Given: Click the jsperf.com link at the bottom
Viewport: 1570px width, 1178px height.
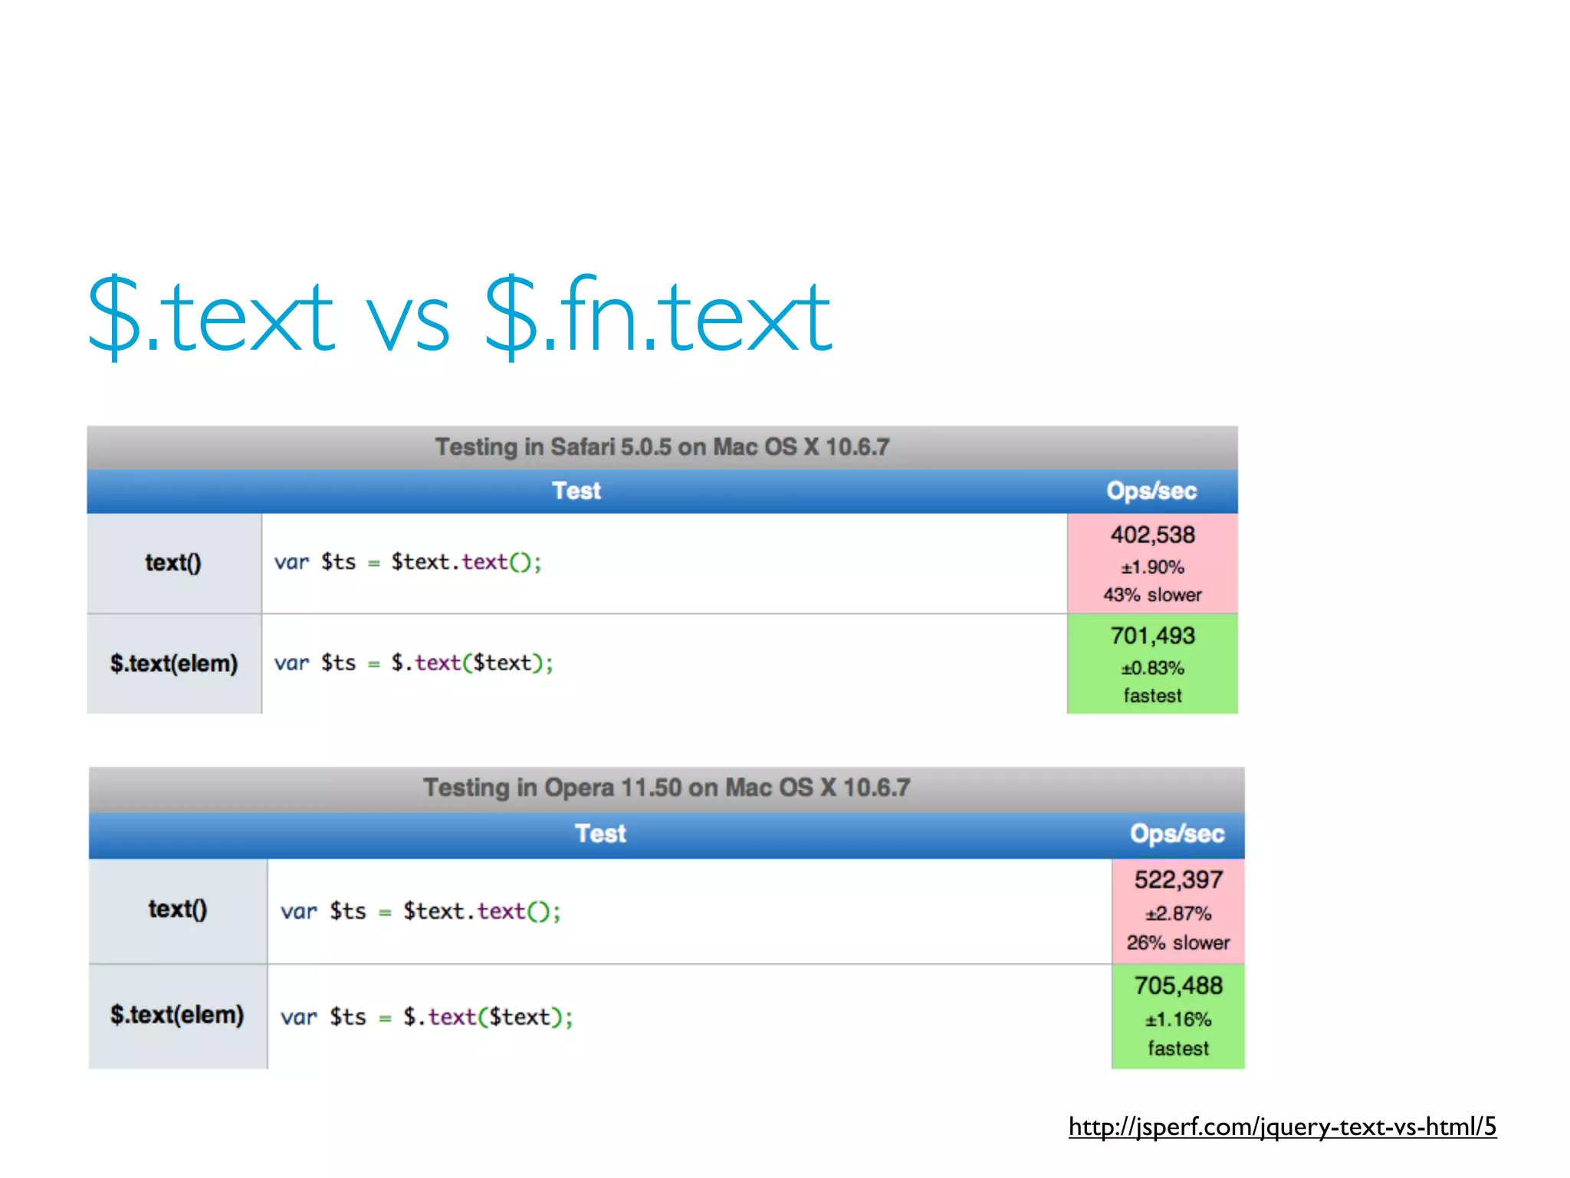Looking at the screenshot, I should pyautogui.click(x=1282, y=1127).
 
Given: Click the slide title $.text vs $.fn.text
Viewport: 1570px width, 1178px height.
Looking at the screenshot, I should pyautogui.click(x=460, y=316).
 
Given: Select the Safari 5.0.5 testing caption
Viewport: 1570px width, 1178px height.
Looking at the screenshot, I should pyautogui.click(x=662, y=447).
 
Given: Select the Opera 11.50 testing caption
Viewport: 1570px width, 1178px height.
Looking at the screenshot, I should pyautogui.click(x=667, y=788).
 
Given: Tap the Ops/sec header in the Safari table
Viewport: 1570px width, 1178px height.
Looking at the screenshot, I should pyautogui.click(x=1151, y=491).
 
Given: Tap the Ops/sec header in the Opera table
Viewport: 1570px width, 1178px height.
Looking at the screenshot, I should pyautogui.click(x=1177, y=834).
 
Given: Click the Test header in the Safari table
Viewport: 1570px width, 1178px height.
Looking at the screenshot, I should pyautogui.click(x=576, y=491).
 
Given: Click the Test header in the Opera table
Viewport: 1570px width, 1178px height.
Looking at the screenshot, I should pyautogui.click(x=600, y=834).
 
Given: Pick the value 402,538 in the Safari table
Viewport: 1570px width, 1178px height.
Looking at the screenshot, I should pyautogui.click(x=1152, y=535).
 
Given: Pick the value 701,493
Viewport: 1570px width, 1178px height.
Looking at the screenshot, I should pyautogui.click(x=1152, y=636).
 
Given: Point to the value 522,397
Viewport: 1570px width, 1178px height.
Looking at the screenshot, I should pyautogui.click(x=1178, y=880).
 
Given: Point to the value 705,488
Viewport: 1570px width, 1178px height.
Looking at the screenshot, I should pyautogui.click(x=1178, y=986).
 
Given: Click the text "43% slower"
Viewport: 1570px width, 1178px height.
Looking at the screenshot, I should pyautogui.click(x=1152, y=595).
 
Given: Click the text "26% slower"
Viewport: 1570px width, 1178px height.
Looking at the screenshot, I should pyautogui.click(x=1178, y=943).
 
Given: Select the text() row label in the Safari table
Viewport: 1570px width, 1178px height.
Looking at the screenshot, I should pyautogui.click(x=173, y=563).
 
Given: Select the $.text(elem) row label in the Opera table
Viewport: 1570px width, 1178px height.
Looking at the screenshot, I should pyautogui.click(x=177, y=1015).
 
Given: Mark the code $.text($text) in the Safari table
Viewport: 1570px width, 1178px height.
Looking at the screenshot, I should pyautogui.click(x=471, y=663).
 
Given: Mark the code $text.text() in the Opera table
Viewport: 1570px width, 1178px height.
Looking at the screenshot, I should pyautogui.click(x=482, y=911).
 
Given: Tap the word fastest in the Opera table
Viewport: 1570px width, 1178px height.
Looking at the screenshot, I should pyautogui.click(x=1178, y=1048).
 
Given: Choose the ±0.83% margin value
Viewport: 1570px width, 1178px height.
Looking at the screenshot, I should pyautogui.click(x=1152, y=668).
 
